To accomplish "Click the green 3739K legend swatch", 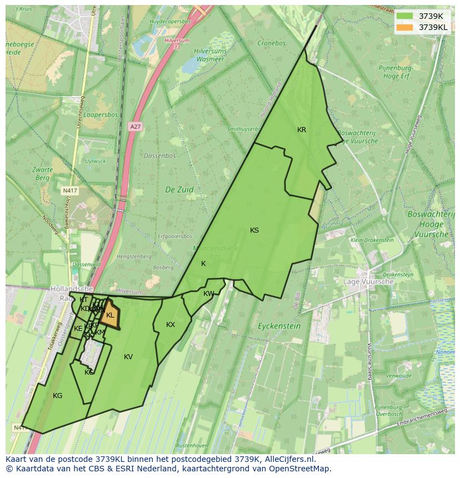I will pos(404,16).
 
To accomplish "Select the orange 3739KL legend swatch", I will pos(404,27).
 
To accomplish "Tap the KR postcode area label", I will pos(302,130).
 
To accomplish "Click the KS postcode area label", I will pos(254,230).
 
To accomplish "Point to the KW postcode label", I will pos(208,294).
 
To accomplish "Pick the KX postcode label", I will pos(171,325).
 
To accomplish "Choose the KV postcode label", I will pos(128,357).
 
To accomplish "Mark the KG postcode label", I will pos(58,396).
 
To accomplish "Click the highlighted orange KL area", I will pos(110,315).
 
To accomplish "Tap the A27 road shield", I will pos(135,127).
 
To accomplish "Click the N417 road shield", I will pos(69,190).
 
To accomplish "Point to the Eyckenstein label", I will pos(279,326).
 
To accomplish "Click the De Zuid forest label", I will pos(179,189).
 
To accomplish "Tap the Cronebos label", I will pos(271,43).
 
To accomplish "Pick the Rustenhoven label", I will pos(192,446).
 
